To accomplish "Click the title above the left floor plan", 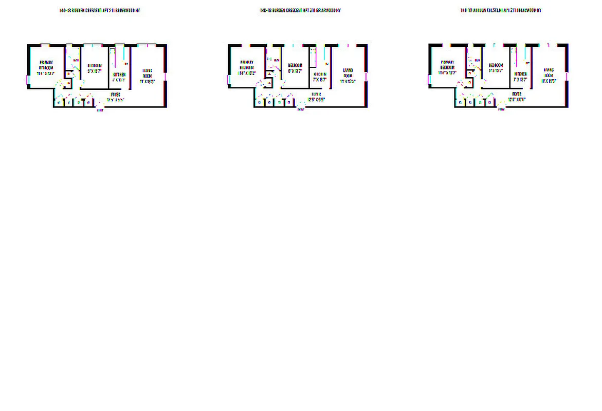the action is pyautogui.click(x=100, y=10).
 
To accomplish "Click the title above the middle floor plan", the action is pyautogui.click(x=300, y=10).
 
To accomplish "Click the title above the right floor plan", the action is pyautogui.click(x=501, y=10).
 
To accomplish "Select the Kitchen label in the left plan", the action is pyautogui.click(x=119, y=74).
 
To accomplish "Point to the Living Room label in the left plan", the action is pyautogui.click(x=148, y=75).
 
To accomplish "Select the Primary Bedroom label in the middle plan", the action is pyautogui.click(x=247, y=65).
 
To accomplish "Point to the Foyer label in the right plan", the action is pyautogui.click(x=516, y=95).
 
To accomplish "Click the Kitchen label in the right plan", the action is pyautogui.click(x=521, y=74).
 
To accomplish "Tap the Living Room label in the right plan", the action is pyautogui.click(x=549, y=72).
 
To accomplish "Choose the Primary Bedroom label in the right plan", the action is pyautogui.click(x=447, y=65).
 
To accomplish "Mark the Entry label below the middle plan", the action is pyautogui.click(x=300, y=109).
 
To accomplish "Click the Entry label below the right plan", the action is pyautogui.click(x=501, y=109).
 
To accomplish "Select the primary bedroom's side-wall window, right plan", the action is pyautogui.click(x=429, y=80).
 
